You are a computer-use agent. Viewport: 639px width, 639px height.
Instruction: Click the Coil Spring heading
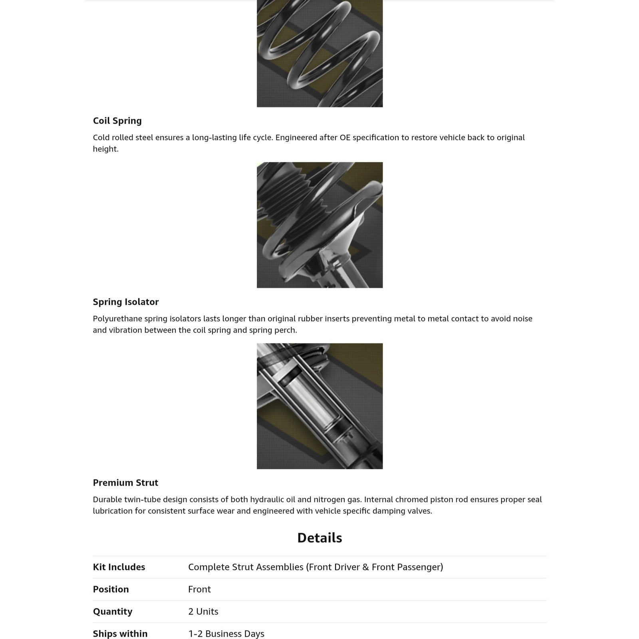117,121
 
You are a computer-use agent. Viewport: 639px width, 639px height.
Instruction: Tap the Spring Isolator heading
125,302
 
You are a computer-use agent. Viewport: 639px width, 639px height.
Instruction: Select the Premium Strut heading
125,483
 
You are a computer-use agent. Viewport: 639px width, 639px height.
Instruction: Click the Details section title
319,538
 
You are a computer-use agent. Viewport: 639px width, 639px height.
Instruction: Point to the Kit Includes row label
119,567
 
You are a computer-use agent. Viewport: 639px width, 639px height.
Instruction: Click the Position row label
111,589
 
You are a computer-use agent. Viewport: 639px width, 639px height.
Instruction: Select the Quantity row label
112,611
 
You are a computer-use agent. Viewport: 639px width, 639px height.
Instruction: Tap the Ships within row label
120,634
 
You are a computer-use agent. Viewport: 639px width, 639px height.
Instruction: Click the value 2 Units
203,611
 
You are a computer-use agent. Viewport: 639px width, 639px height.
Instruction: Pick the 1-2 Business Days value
226,634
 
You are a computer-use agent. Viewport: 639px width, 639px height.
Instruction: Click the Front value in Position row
199,589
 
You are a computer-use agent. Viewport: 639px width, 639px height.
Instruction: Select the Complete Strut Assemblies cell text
316,567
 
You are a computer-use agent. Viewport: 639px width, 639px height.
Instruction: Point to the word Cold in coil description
101,137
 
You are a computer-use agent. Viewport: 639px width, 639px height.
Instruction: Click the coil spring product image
319,54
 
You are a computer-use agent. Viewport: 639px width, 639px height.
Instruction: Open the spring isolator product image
319,225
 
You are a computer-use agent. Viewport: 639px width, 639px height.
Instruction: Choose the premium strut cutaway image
319,406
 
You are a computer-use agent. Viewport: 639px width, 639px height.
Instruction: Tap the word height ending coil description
105,149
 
